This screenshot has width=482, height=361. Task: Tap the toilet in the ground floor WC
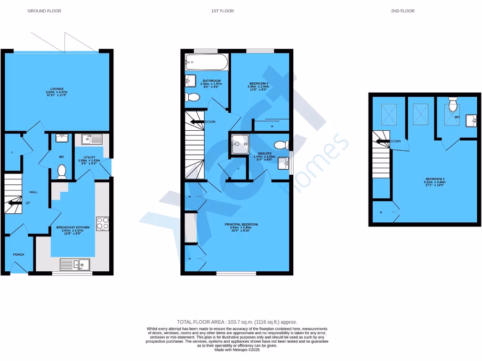click(62, 171)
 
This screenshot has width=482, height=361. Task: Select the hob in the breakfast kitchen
click(102, 224)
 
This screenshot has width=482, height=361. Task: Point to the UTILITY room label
click(89, 157)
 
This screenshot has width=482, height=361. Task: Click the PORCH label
click(18, 255)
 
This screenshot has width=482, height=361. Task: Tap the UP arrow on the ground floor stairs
click(14, 203)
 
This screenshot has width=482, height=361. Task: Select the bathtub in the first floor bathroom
click(207, 62)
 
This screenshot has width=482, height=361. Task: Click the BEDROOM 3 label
click(258, 84)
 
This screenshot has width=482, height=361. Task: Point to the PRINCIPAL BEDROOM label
click(241, 225)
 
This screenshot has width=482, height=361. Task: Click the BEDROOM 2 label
click(434, 179)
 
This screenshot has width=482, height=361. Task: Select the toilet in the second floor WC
click(453, 103)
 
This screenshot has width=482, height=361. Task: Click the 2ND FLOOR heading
click(402, 11)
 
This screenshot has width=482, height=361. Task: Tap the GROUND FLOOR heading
click(44, 11)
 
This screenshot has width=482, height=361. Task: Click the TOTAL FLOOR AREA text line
click(237, 322)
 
